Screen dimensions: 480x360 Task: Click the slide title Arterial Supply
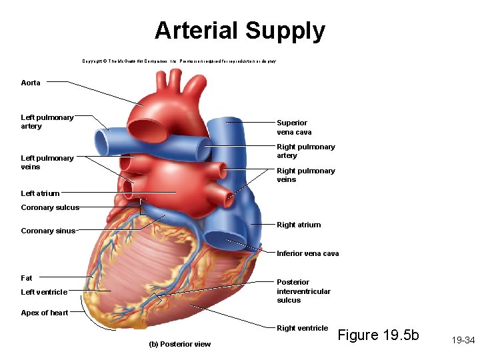pos(240,31)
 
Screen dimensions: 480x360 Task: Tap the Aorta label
pos(31,83)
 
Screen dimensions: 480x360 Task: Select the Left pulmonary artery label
pos(47,121)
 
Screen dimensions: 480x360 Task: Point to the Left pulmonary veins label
pos(47,162)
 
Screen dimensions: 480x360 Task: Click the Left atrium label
pos(40,193)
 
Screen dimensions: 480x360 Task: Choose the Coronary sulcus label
pos(50,207)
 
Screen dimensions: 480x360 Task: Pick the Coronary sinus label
pos(48,231)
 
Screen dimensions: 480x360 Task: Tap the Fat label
pos(27,278)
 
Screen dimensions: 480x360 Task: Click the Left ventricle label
pos(44,292)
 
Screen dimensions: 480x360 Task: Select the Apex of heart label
pos(45,313)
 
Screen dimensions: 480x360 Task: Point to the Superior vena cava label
pos(294,127)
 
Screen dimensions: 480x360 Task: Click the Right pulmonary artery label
pos(306,151)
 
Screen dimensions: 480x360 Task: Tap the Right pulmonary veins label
pos(306,175)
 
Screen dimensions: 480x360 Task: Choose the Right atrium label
pos(299,225)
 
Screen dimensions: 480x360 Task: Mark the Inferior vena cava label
pos(308,253)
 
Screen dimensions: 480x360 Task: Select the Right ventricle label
pos(303,328)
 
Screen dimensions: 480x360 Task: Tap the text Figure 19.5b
pos(379,335)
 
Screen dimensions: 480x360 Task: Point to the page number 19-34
pos(462,340)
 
